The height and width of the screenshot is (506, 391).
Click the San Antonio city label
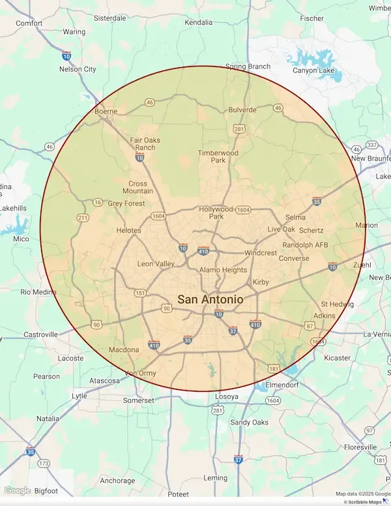210,299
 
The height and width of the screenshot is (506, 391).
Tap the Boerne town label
105,111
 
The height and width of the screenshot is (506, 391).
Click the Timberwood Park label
218,156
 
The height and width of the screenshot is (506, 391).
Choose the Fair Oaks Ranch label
145,143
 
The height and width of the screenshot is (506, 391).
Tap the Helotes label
128,231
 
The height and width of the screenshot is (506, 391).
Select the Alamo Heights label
223,270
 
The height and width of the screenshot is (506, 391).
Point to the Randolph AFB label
305,245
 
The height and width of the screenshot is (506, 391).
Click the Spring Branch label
248,67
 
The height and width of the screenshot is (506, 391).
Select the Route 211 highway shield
83,217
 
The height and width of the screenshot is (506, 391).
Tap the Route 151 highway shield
140,293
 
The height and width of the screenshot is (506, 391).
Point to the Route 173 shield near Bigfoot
44,464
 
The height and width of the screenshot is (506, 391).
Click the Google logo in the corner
18,491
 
